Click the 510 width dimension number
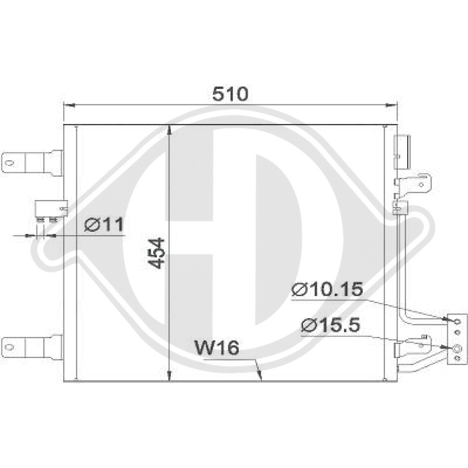[230, 95]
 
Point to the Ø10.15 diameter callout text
[327, 290]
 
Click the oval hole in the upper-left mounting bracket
[8, 163]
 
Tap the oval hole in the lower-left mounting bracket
[8, 346]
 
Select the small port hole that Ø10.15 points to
[457, 321]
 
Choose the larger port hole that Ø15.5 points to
[457, 348]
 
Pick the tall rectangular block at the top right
[402, 153]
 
